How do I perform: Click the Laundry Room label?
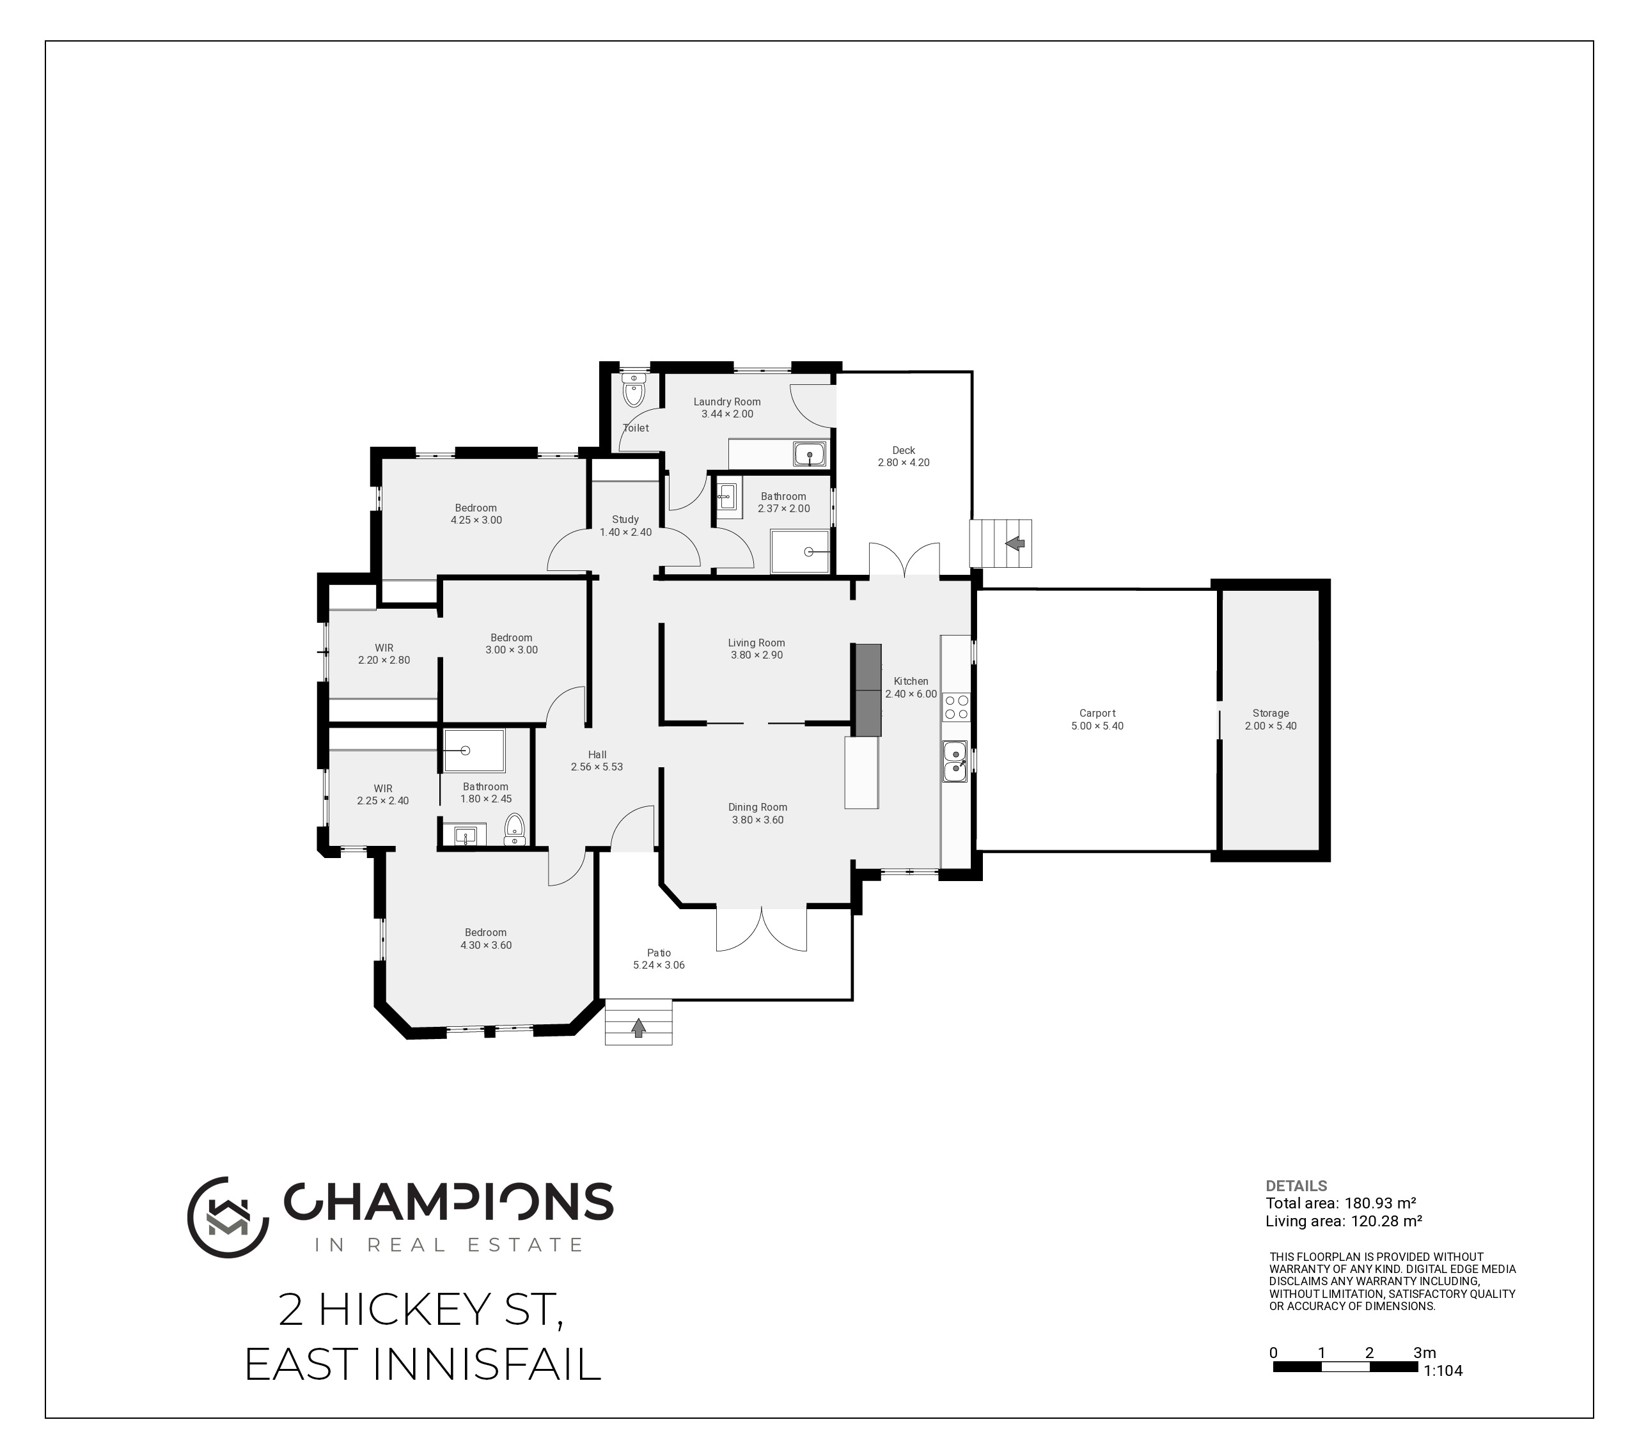726,402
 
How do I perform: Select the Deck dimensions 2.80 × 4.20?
904,463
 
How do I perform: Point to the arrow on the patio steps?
638,1027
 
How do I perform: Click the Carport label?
1097,713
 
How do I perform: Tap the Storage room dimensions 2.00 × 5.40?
1270,726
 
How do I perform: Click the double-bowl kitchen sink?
955,761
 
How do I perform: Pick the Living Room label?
756,643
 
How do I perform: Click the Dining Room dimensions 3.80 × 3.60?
757,820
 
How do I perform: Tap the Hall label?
597,754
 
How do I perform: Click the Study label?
625,520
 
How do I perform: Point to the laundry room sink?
810,455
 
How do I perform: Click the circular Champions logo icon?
228,1217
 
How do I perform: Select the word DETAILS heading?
1296,1185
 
